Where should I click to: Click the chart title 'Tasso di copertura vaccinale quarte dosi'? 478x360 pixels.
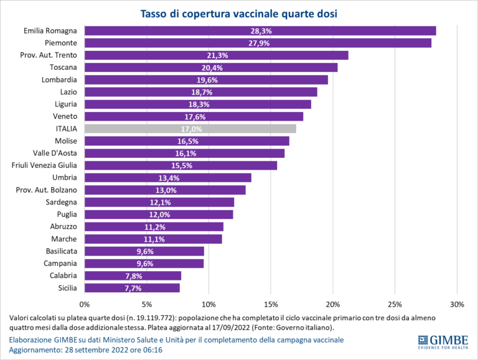pyautogui.click(x=238, y=13)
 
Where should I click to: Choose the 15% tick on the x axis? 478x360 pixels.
pyautogui.click(x=271, y=304)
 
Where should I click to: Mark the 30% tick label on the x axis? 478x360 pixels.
pyautogui.click(x=457, y=304)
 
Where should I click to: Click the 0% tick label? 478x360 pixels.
pyautogui.click(x=85, y=304)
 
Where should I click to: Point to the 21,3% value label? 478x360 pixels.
pyautogui.click(x=217, y=55)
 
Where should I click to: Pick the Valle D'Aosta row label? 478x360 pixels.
pyautogui.click(x=55, y=153)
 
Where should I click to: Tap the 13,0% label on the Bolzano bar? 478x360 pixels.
pyautogui.click(x=165, y=190)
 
